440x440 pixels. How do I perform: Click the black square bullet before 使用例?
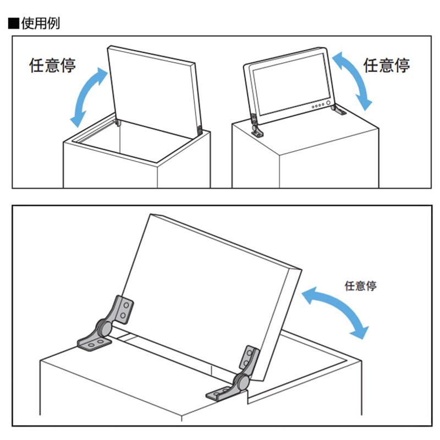[14, 23]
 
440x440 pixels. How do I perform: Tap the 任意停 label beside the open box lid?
[52, 65]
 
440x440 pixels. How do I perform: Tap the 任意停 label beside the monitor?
[387, 65]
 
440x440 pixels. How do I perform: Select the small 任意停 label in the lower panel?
[360, 285]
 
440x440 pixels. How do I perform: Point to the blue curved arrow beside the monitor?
[352, 80]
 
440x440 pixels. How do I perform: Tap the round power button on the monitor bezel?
[328, 103]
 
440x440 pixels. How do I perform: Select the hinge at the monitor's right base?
[338, 109]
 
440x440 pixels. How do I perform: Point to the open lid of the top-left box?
[154, 88]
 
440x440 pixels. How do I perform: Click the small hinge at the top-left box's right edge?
[199, 130]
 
